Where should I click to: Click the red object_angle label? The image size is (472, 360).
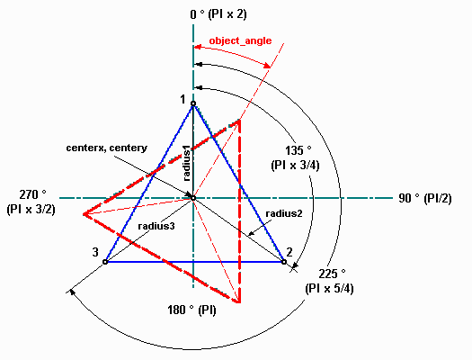click(240, 40)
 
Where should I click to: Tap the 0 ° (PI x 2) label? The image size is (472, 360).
click(218, 14)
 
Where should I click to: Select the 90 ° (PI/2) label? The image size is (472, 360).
click(425, 198)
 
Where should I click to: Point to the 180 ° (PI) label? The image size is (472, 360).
click(191, 310)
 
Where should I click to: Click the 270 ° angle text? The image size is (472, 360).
click(32, 194)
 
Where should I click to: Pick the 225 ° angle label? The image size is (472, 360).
click(332, 274)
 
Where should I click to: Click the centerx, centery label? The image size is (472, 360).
click(107, 148)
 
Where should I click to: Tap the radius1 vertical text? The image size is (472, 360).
click(187, 164)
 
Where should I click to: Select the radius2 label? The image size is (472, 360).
click(284, 213)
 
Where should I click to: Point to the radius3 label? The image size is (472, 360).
click(156, 226)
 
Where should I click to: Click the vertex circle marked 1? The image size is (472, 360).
click(193, 103)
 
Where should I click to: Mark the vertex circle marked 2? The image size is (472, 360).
click(284, 262)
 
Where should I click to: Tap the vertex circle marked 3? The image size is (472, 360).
click(105, 262)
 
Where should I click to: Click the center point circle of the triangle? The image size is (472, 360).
click(193, 198)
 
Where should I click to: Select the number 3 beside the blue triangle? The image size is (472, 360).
click(95, 252)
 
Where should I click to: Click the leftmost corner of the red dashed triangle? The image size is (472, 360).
click(84, 214)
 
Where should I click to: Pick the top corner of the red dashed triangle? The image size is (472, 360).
click(239, 121)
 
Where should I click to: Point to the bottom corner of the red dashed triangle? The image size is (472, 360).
click(239, 301)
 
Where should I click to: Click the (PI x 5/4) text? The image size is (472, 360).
click(329, 288)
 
